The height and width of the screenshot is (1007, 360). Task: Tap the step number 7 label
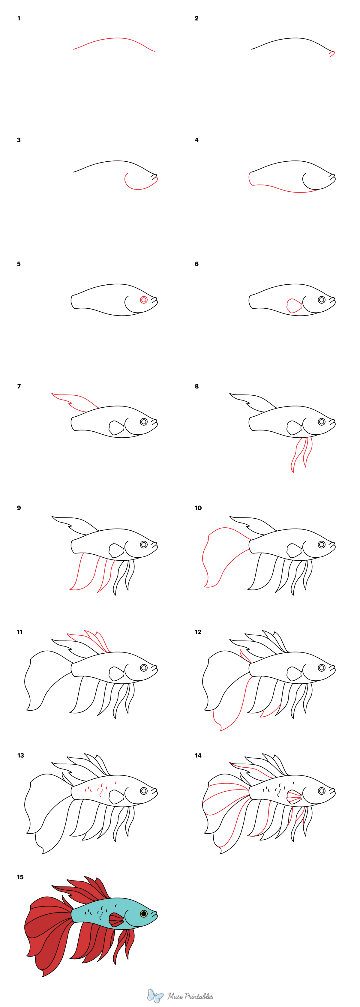[19, 386]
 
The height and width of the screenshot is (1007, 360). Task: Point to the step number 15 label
[20, 877]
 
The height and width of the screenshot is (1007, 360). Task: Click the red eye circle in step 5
[143, 300]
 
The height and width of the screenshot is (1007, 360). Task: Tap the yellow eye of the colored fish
[143, 914]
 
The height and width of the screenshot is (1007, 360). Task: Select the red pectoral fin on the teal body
[116, 919]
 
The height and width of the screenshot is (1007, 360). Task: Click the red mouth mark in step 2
[332, 54]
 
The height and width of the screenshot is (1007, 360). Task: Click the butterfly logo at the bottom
[155, 996]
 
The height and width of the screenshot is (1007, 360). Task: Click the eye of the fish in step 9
[143, 544]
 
